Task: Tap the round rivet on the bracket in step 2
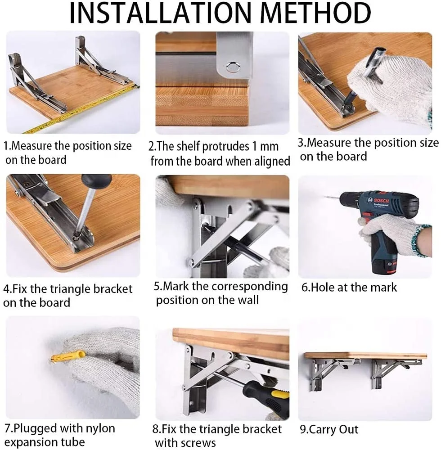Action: pos(232,67)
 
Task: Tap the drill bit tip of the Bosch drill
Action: pos(325,197)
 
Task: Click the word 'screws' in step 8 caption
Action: pos(199,443)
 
